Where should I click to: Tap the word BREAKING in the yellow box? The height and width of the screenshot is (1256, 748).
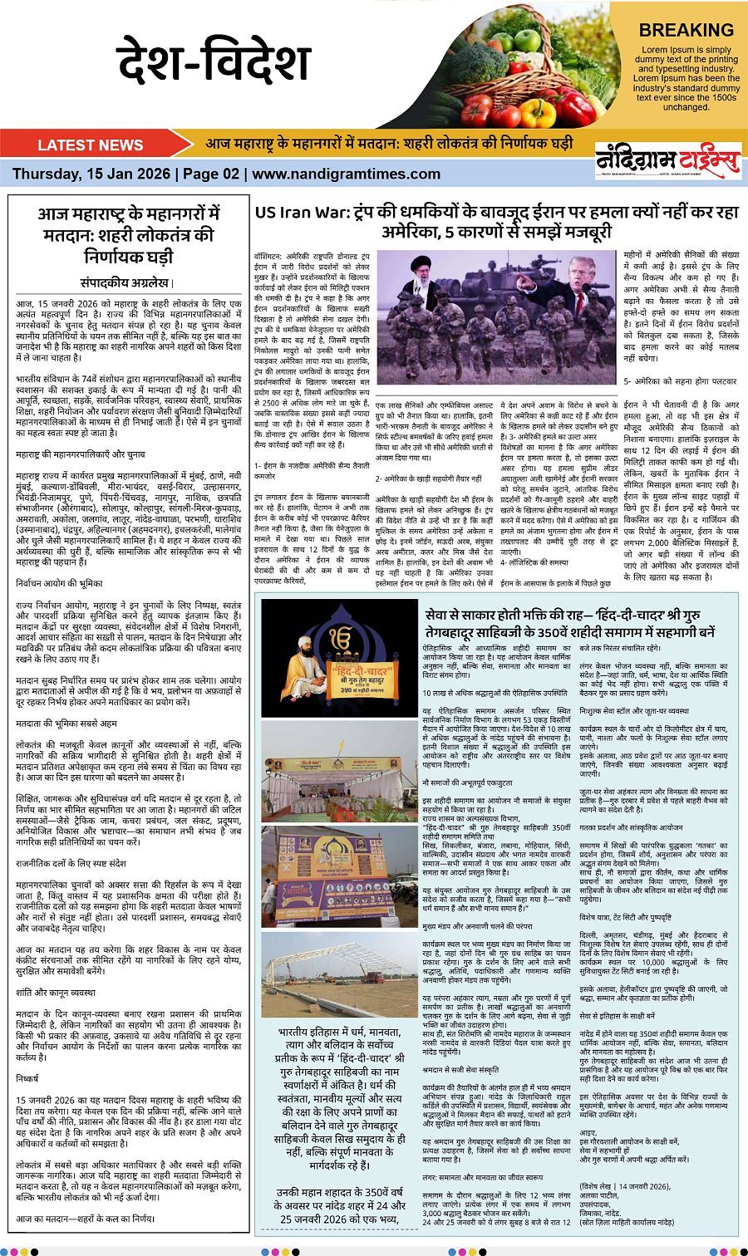(686, 30)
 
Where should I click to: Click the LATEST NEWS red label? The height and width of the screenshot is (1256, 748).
(90, 145)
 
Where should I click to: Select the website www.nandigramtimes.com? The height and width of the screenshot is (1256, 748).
(335, 174)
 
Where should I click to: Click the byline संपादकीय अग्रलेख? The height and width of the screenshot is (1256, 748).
(125, 282)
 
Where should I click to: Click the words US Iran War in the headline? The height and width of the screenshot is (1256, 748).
(298, 213)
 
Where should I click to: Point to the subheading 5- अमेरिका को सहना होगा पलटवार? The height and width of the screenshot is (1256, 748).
(679, 380)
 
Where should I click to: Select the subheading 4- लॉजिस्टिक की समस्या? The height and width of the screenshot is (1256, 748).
(534, 562)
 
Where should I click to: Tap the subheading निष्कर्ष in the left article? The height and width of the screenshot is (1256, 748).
(27, 1078)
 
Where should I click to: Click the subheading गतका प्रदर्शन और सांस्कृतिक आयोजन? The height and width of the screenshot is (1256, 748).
(631, 827)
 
